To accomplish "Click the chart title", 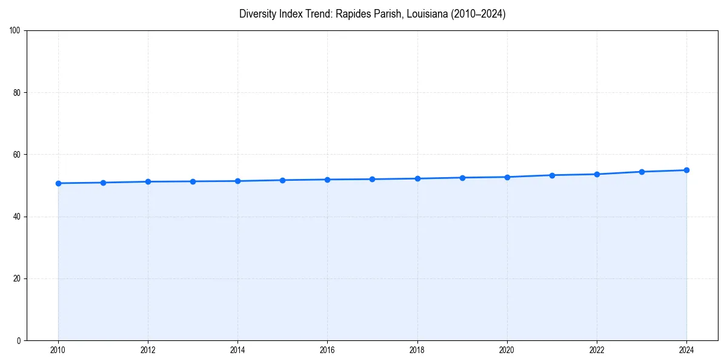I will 372,14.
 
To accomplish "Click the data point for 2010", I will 58,183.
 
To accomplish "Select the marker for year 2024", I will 686,170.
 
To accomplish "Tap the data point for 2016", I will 327,180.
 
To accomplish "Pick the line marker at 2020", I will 507,177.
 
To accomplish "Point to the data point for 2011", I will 103,183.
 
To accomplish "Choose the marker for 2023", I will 642,172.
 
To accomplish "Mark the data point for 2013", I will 193,181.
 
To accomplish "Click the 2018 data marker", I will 417,178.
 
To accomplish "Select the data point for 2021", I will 552,175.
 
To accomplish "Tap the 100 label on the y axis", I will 16,31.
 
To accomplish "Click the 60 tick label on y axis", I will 18,155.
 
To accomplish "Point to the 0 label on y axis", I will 19,340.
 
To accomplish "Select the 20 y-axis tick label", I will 18,278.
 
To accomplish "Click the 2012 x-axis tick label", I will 148,350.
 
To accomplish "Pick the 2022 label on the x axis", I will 597,350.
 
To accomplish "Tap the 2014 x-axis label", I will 237,350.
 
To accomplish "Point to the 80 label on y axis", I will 18,93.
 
